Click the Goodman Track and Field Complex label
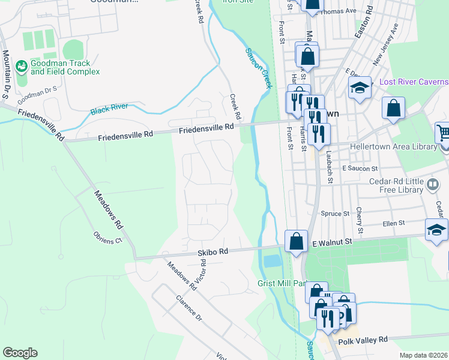[61, 67]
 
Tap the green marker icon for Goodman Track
[22, 64]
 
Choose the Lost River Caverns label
[414, 82]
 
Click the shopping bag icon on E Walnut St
[297, 242]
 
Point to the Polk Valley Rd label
[363, 340]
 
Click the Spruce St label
[337, 214]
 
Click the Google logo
[20, 353]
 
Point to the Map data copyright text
[424, 355]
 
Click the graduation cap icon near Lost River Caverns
[360, 88]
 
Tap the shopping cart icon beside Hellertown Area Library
[443, 132]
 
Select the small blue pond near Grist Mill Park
[272, 260]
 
